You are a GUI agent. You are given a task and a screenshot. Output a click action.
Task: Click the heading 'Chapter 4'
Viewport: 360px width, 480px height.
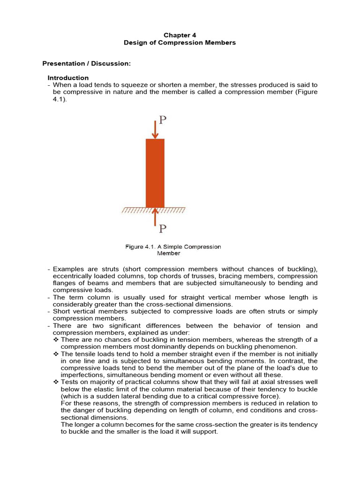click(x=180, y=35)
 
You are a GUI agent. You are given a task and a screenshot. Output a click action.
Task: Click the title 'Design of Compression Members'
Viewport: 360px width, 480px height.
click(x=180, y=43)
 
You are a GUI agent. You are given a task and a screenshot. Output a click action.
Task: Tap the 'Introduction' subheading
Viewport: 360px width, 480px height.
click(x=68, y=78)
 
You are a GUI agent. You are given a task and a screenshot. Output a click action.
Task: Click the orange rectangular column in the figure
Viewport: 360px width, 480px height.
click(x=155, y=173)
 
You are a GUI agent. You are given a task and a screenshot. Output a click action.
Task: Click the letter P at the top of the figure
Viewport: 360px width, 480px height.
click(x=162, y=120)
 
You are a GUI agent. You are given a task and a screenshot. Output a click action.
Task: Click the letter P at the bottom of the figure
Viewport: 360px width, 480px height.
click(x=162, y=229)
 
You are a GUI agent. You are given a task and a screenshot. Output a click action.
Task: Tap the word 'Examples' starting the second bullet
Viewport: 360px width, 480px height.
click(x=68, y=269)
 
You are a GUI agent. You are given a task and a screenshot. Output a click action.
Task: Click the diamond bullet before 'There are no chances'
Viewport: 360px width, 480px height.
click(x=56, y=339)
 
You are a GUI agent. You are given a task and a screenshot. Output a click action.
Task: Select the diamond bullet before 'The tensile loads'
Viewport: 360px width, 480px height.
click(x=56, y=354)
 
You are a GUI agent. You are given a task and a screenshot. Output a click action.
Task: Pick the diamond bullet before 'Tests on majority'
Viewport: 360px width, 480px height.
click(x=56, y=382)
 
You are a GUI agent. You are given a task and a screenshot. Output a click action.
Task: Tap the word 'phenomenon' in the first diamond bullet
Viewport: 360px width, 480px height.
click(x=275, y=347)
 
